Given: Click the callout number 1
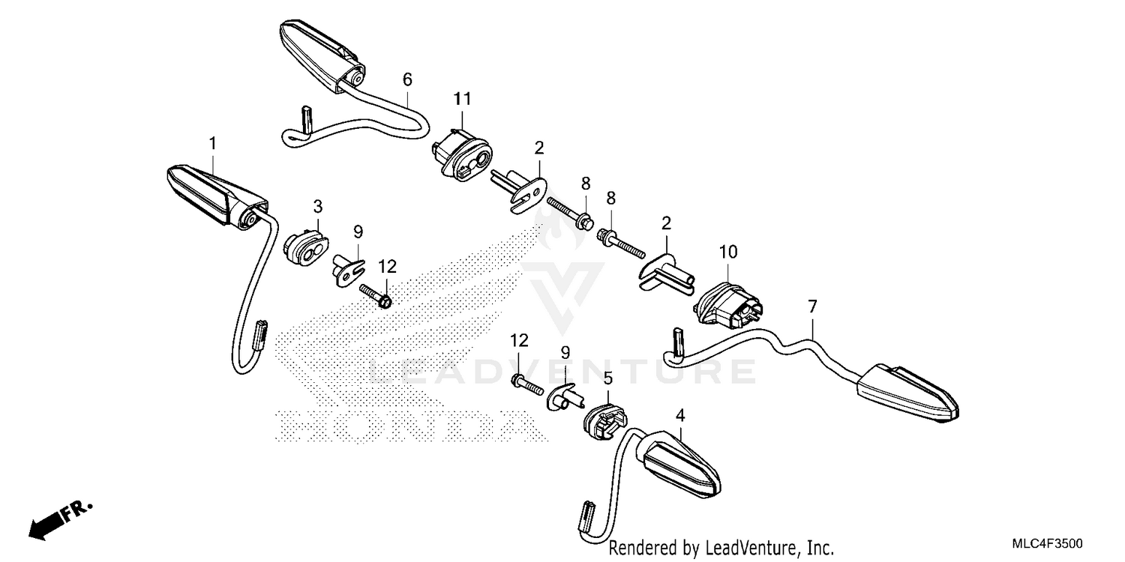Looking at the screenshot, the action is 212,144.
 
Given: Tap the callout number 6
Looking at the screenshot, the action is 407,79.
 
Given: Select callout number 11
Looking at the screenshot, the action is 463,99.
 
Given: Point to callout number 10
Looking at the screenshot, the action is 728,251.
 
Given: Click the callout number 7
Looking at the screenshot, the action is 812,306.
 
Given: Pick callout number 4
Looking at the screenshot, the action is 680,415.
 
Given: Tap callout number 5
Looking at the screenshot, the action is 608,378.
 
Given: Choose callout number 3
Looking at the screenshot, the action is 318,206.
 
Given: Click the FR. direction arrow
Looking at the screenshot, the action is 60,521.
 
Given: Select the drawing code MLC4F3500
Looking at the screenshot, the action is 1047,543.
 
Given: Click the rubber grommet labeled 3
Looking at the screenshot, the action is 306,247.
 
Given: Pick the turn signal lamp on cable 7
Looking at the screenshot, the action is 907,393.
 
